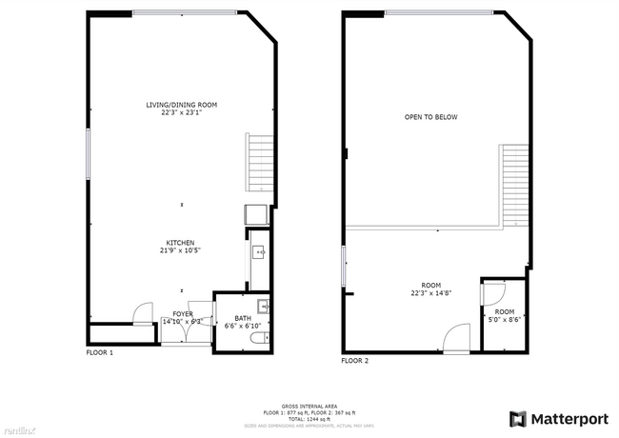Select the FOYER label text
[x=183, y=313]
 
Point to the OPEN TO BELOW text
[x=430, y=117]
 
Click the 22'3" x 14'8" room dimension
[x=431, y=293]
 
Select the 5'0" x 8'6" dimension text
[x=504, y=319]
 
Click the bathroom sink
[x=264, y=307]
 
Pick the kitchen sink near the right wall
[x=258, y=252]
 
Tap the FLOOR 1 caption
[x=100, y=353]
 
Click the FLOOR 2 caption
[x=354, y=361]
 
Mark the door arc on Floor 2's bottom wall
[x=457, y=338]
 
